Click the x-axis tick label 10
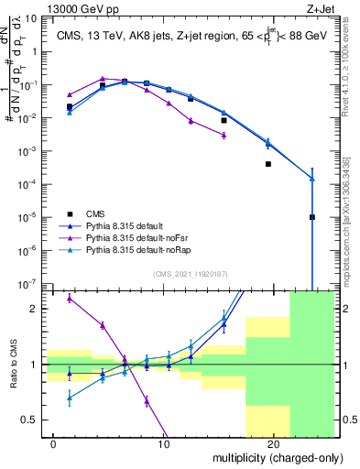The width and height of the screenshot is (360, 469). pos(164,444)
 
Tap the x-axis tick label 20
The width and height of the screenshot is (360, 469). pos(273,444)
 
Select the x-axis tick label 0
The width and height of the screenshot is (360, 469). pos(54,444)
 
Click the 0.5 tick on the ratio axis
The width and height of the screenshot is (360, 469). pos(35,420)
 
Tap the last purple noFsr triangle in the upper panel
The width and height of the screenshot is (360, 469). pos(224,135)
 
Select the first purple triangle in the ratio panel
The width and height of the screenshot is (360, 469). pos(70,299)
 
